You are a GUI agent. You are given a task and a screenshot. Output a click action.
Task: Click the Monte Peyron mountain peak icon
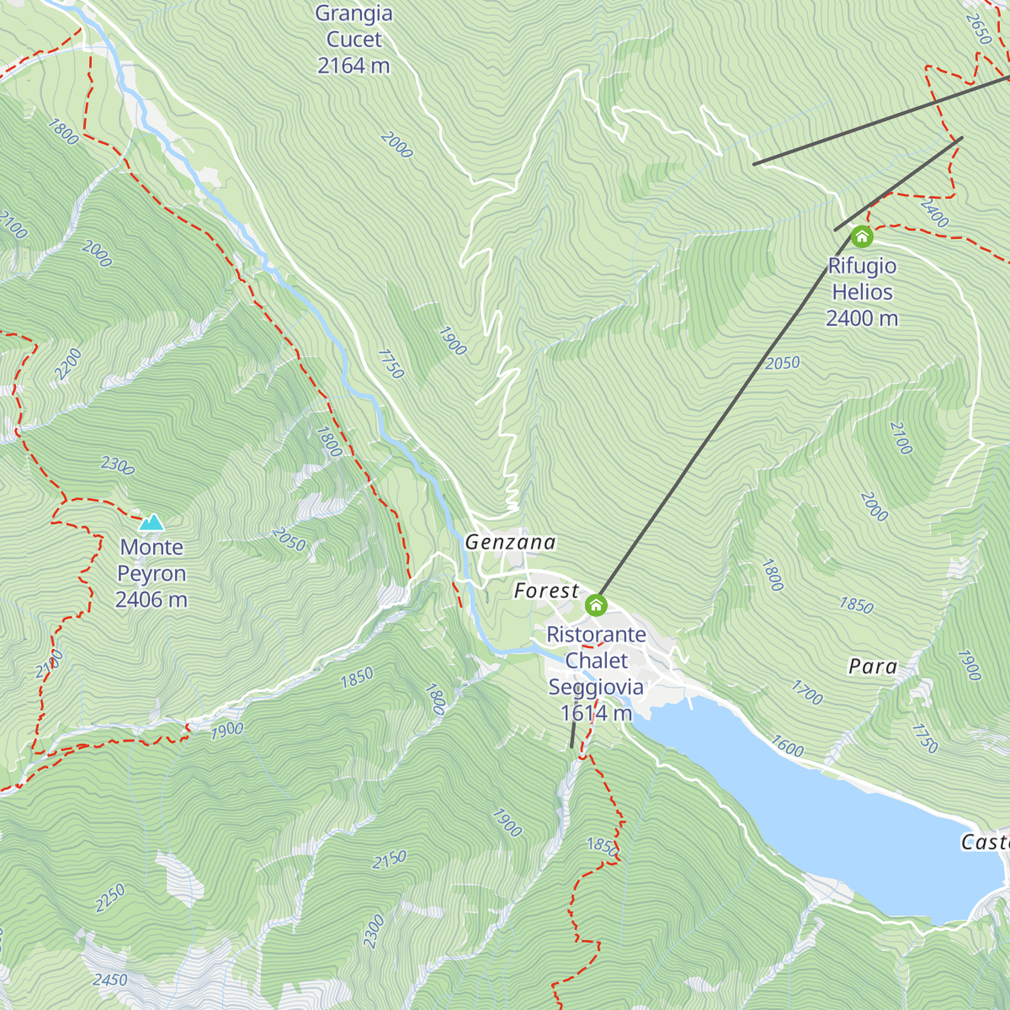[151, 523]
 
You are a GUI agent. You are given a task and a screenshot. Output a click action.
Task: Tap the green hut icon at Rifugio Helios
[861, 237]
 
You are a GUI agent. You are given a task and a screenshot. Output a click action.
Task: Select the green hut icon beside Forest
[596, 604]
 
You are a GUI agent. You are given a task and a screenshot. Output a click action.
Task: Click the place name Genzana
[510, 543]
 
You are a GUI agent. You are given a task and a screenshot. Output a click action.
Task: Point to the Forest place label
[546, 592]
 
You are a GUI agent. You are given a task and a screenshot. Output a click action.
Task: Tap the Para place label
[873, 667]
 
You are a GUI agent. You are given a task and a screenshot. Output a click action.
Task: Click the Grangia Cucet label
[353, 27]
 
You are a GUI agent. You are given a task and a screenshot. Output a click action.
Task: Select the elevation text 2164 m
[353, 66]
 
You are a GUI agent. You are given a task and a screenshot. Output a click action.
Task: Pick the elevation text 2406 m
[151, 600]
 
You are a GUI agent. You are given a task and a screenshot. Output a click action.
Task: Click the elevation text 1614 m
[596, 714]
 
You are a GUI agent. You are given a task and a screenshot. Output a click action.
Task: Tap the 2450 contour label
[110, 980]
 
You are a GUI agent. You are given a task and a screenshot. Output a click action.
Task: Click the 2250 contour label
[110, 898]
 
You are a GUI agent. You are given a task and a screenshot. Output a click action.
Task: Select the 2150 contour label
[389, 859]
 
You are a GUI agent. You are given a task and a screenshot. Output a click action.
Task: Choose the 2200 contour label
[68, 364]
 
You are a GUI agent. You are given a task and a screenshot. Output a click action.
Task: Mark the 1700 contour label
[807, 693]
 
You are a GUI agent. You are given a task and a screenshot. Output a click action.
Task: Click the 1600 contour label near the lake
[788, 747]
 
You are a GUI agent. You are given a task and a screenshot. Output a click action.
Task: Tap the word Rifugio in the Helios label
[862, 267]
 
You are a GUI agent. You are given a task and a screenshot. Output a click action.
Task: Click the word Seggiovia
[596, 688]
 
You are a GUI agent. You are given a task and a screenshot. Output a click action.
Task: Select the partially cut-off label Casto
[985, 843]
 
